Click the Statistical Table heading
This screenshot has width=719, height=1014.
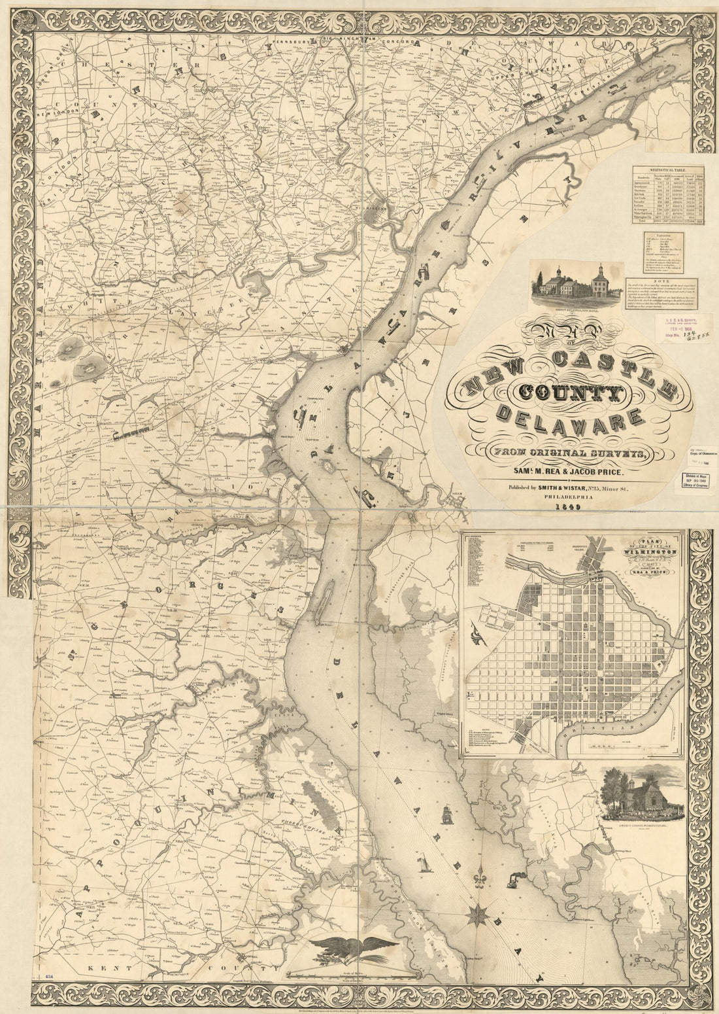(661, 168)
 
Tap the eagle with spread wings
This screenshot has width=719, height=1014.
(356, 946)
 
